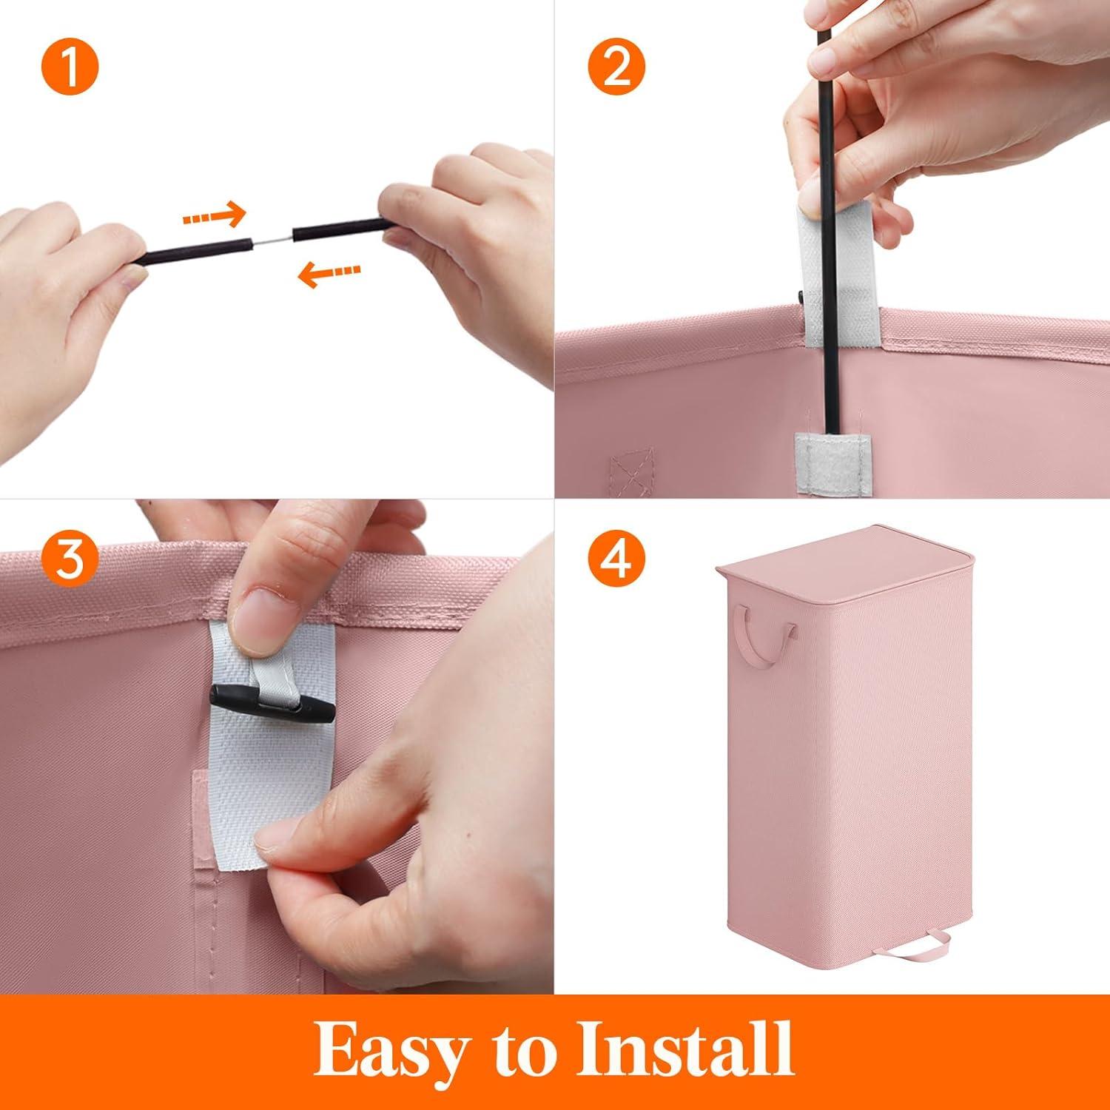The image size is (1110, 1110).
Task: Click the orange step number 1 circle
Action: tap(70, 69)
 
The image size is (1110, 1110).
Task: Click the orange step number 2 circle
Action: tap(617, 69)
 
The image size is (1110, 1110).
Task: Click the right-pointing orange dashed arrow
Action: tap(213, 216)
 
